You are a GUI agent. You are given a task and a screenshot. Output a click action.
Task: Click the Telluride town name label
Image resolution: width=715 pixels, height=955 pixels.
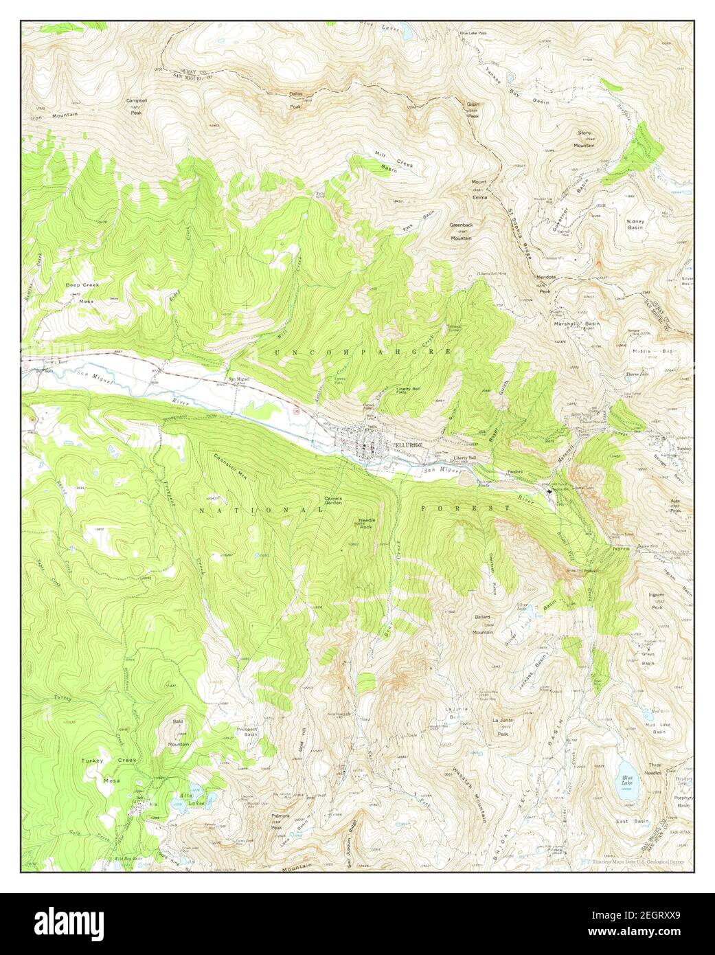coord(405,445)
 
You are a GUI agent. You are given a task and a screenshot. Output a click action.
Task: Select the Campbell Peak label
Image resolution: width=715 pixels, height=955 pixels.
coord(137,104)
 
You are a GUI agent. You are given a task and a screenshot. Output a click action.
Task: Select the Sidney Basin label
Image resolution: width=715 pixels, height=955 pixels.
coord(635,225)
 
